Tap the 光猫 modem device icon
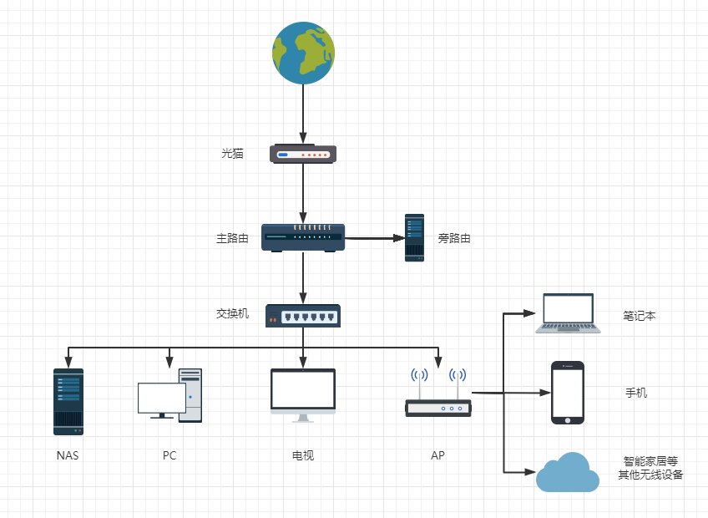click(303, 154)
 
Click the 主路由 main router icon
click(303, 238)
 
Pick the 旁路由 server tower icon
click(414, 237)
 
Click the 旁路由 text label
click(454, 238)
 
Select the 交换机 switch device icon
click(303, 315)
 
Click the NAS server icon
click(68, 402)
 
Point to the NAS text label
click(68, 455)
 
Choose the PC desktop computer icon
click(170, 396)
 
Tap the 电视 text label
click(302, 455)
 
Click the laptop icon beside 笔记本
click(568, 314)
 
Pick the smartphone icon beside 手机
click(567, 393)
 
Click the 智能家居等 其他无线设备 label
click(650, 468)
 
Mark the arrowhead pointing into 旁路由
click(399, 238)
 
